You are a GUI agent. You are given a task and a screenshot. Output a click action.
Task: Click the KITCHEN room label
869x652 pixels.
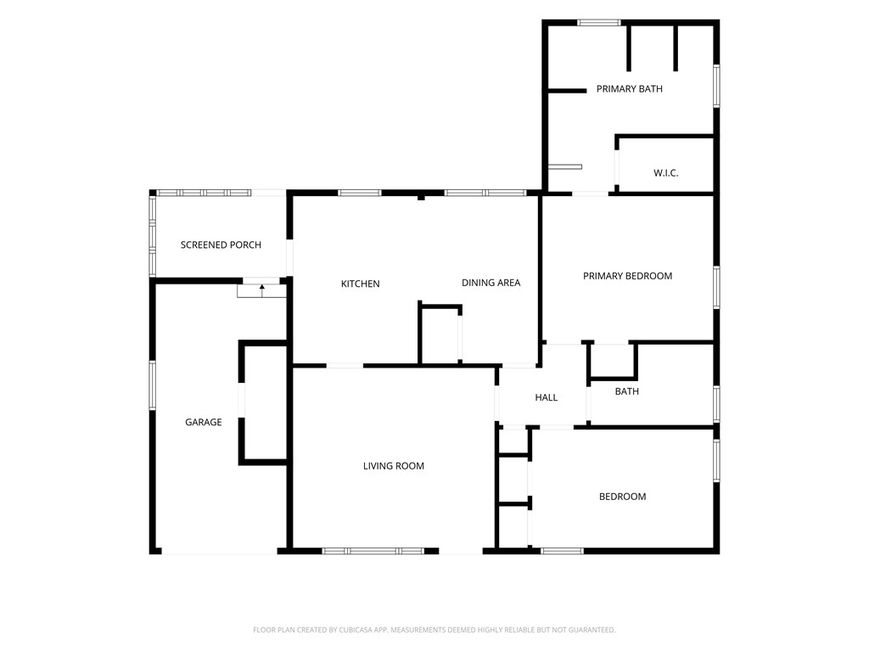click(360, 284)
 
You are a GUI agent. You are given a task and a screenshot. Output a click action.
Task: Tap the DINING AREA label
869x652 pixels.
click(491, 283)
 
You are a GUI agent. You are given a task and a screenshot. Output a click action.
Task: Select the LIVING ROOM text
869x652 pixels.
click(394, 466)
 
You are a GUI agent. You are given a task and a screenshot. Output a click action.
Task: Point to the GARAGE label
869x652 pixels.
click(204, 423)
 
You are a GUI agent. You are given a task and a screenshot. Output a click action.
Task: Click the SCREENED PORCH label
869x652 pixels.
click(221, 245)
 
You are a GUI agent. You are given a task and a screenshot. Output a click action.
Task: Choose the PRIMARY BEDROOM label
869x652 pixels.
click(627, 276)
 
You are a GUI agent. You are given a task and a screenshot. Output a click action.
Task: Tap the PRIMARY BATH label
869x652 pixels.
click(629, 88)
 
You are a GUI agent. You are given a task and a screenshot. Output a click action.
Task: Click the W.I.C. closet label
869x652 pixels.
click(665, 173)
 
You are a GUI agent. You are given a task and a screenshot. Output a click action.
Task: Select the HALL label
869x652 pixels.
click(546, 397)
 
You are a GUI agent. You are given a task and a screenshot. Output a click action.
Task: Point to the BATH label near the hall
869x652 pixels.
click(627, 391)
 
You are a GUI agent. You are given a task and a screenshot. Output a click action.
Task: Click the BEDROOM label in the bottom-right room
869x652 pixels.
click(622, 497)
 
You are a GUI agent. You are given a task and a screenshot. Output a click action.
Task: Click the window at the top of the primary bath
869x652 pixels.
click(599, 23)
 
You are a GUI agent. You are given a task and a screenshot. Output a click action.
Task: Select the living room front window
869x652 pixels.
click(373, 551)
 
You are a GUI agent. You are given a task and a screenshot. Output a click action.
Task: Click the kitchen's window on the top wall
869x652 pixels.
click(360, 193)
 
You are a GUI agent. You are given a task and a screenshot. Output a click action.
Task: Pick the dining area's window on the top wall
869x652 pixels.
click(485, 193)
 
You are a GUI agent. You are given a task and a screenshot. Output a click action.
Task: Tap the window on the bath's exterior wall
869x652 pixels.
click(716, 404)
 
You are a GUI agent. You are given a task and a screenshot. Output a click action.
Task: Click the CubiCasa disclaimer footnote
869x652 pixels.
click(434, 630)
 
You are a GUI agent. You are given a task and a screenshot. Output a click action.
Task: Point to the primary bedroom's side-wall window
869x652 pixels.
click(716, 287)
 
